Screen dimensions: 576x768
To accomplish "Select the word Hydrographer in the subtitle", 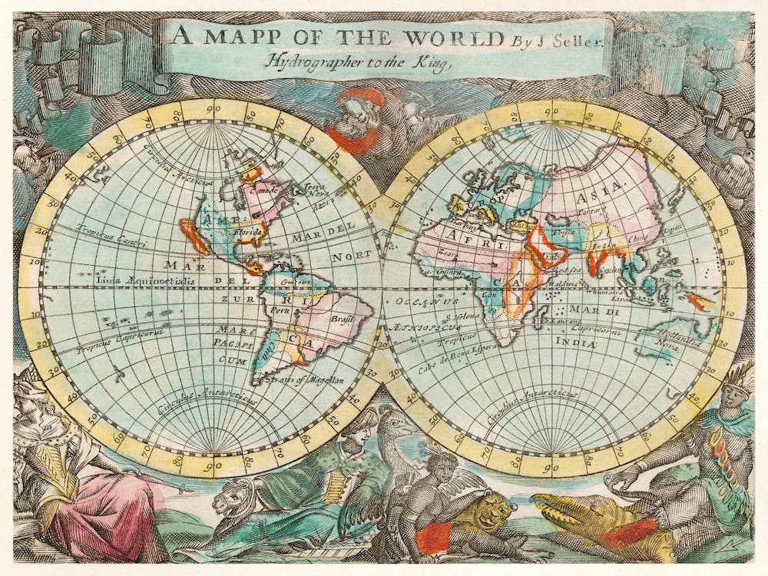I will pos(318,63).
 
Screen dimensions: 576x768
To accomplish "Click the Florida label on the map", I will pos(251,229).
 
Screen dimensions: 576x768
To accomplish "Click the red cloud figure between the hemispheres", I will pos(355,118).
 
